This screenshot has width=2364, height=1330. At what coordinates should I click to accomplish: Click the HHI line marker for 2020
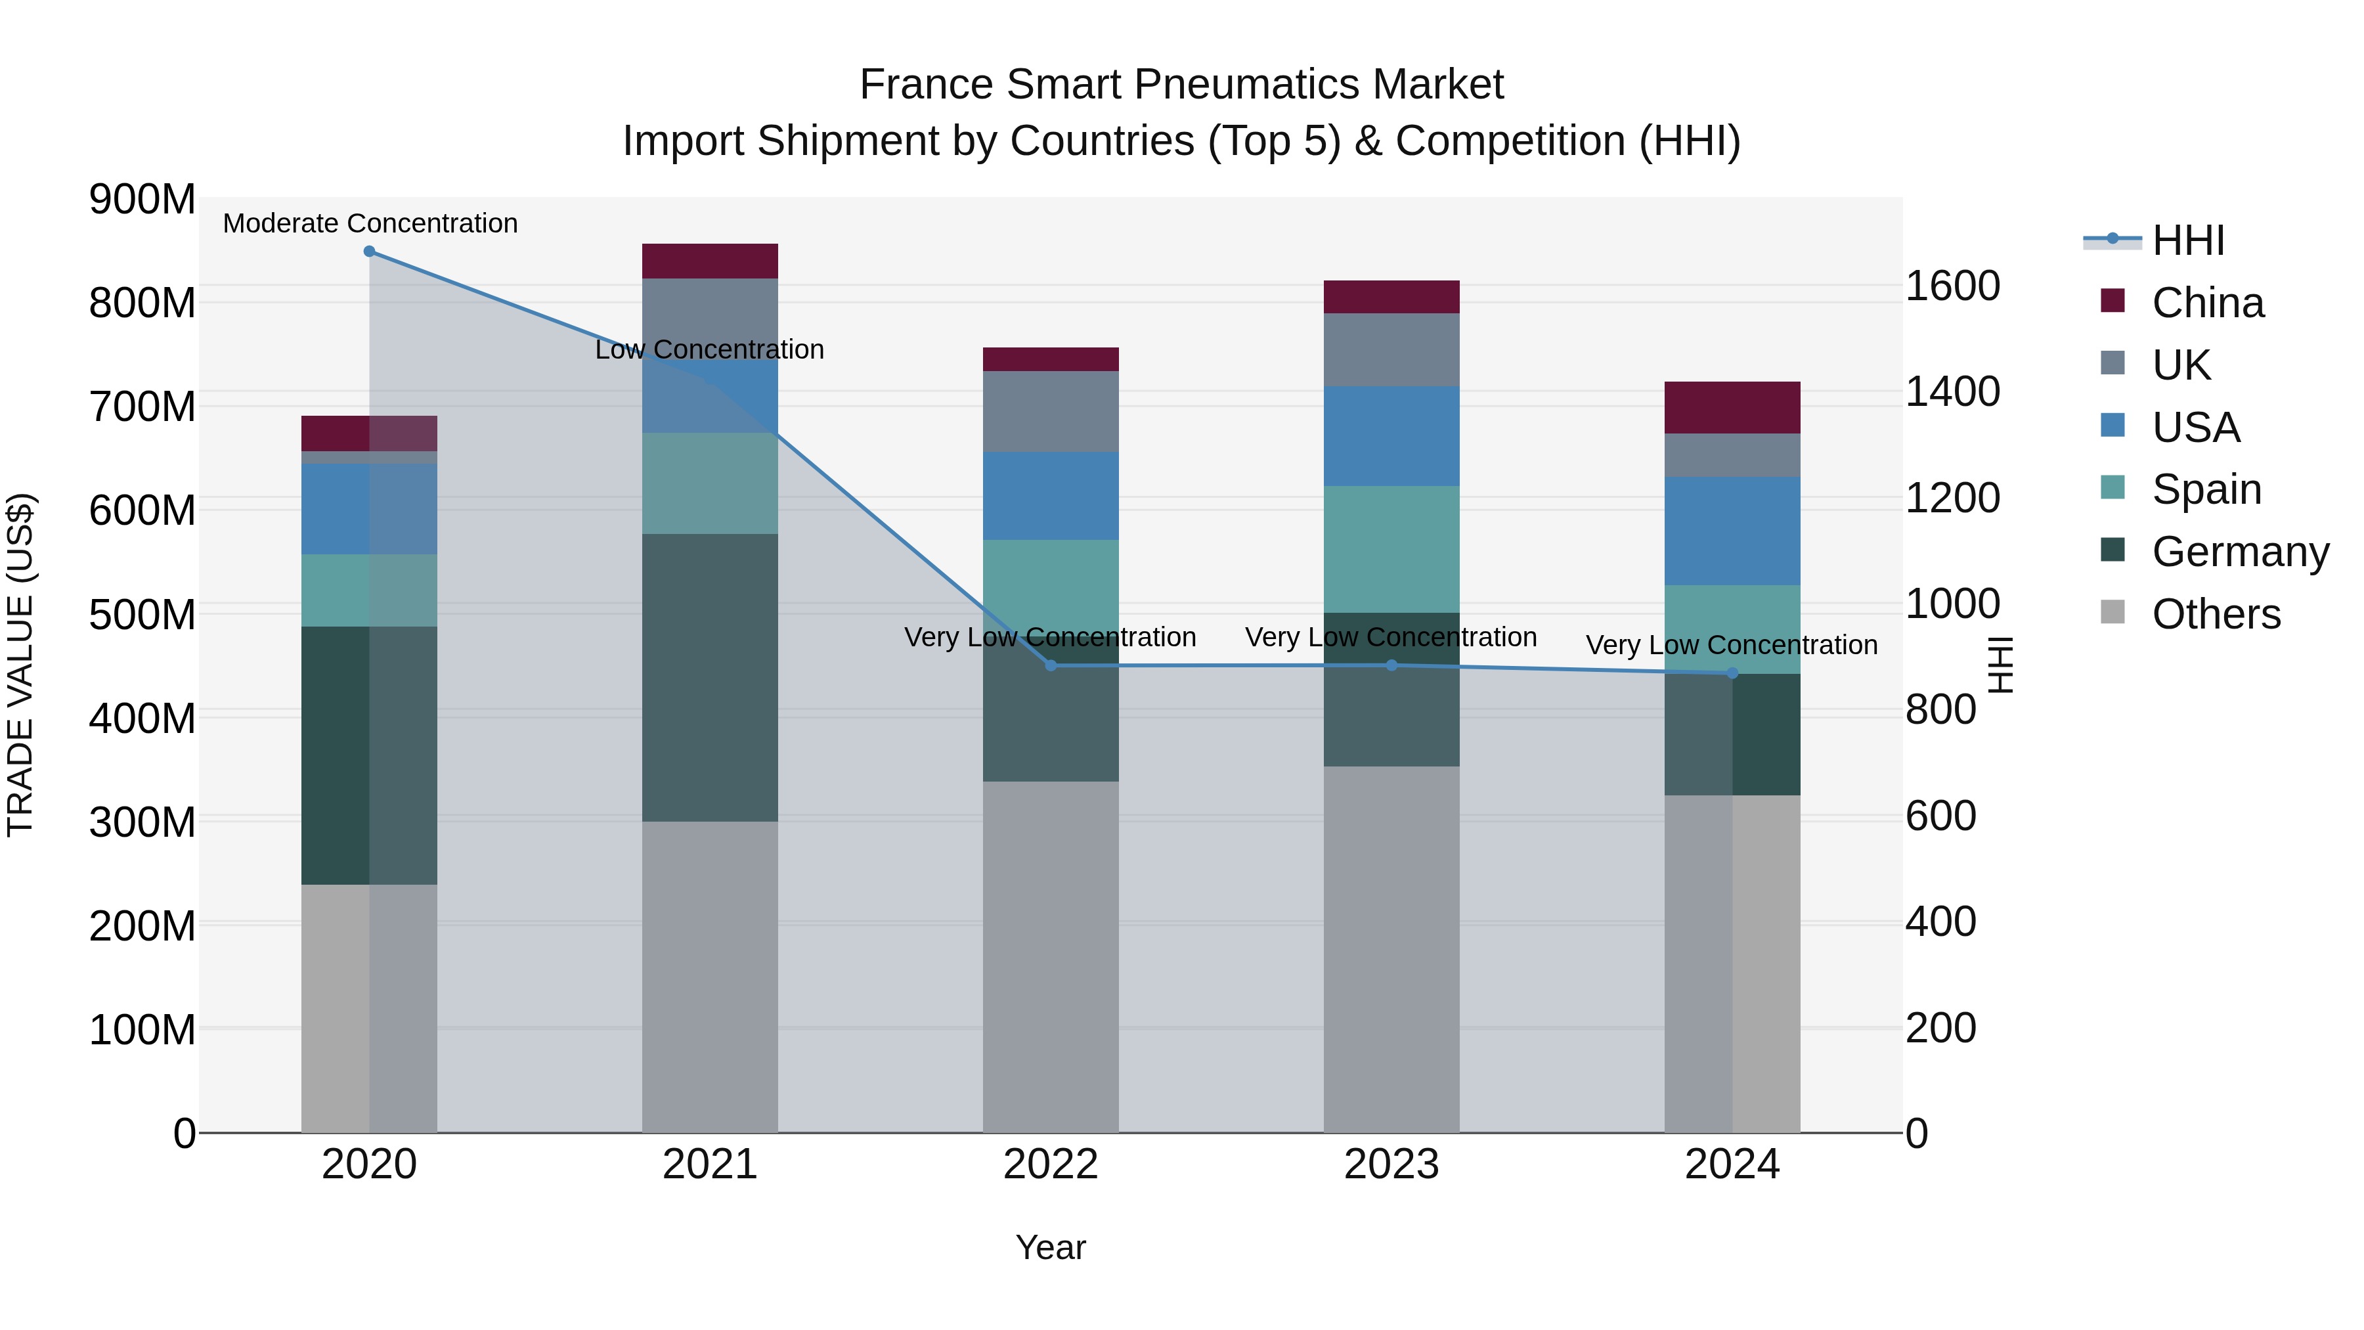tap(369, 252)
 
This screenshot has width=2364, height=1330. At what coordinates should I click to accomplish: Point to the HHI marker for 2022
tap(1051, 665)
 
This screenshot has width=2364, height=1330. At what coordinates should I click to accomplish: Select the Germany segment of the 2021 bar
tap(709, 677)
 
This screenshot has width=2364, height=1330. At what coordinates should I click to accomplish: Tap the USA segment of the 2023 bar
tap(1391, 436)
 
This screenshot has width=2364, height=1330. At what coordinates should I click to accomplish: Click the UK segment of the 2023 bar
tap(1391, 349)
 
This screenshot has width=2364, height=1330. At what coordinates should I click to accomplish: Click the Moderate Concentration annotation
tap(370, 224)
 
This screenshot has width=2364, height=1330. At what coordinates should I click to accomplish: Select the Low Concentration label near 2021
tap(709, 349)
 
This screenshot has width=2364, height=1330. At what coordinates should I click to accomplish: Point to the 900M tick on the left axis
tap(142, 199)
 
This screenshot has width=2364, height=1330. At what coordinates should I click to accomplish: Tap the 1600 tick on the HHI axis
tap(1953, 286)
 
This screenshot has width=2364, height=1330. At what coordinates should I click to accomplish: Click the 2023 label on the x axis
tap(1391, 1164)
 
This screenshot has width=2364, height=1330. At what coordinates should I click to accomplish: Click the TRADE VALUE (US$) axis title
tap(20, 665)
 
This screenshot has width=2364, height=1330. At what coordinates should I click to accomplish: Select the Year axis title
tap(1051, 1247)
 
